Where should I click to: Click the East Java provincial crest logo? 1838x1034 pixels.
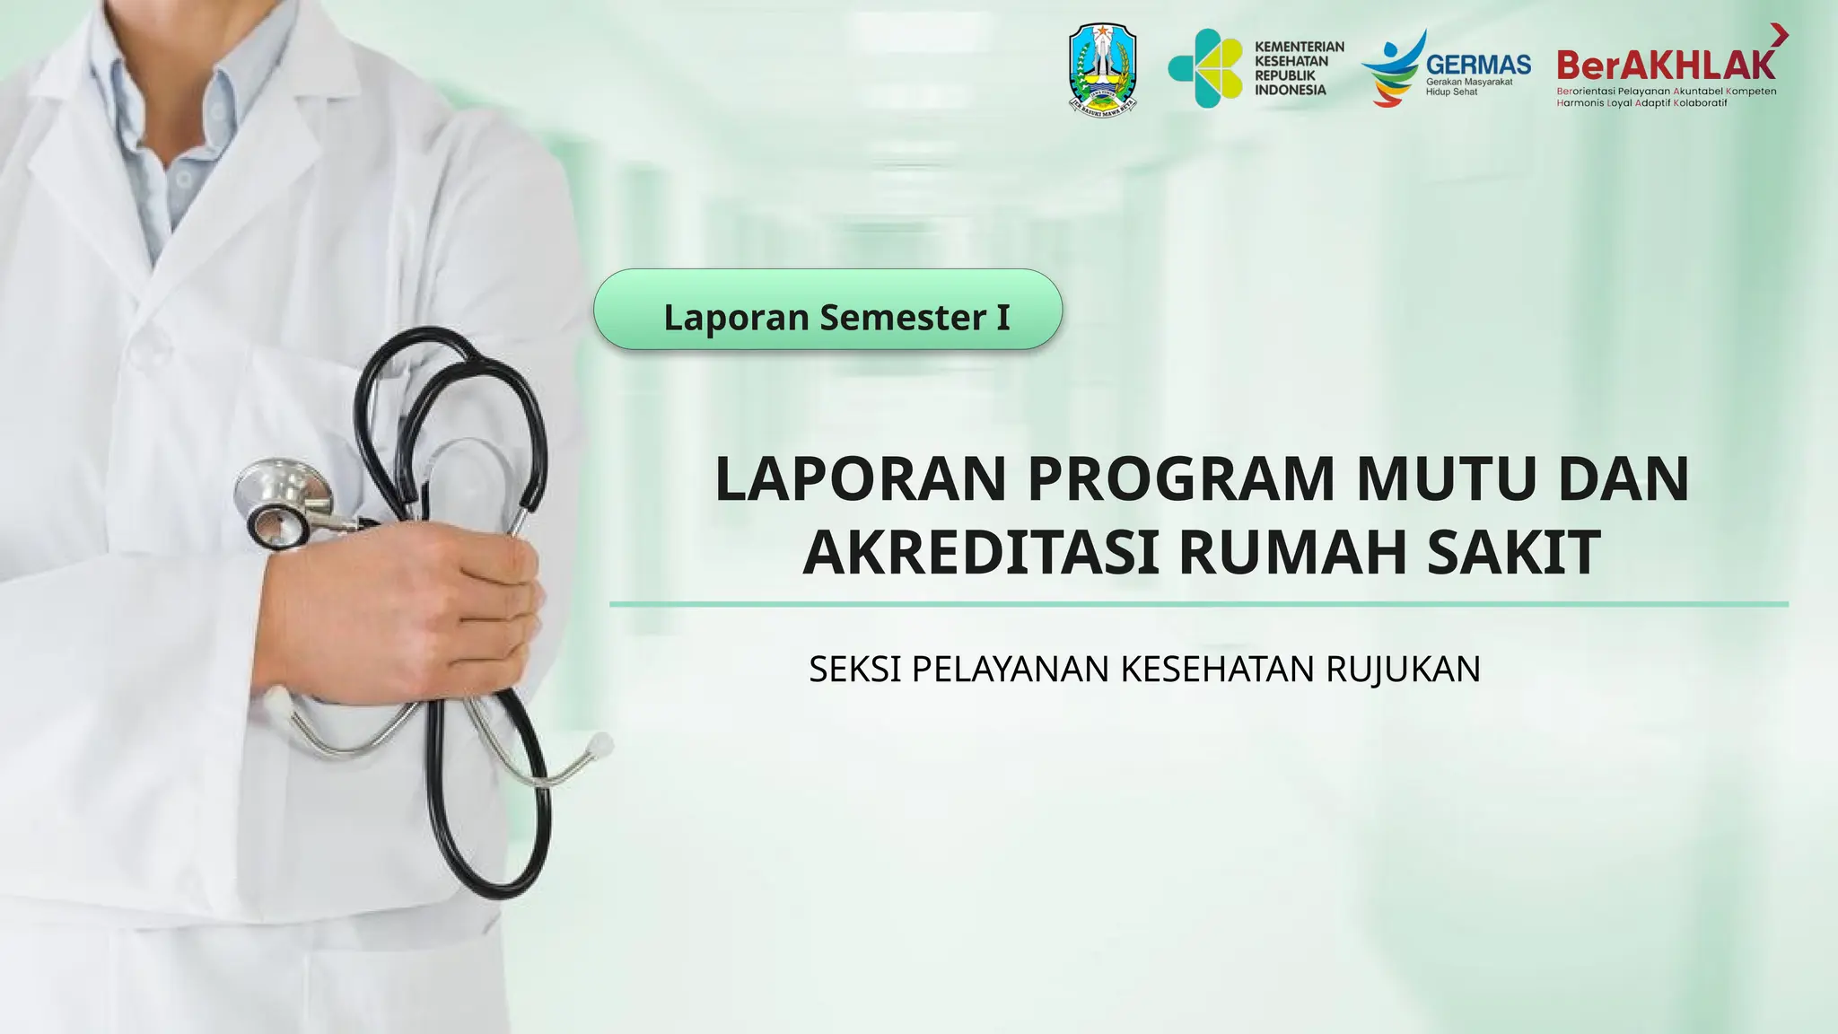tap(1103, 68)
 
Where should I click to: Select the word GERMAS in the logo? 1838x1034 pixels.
tap(1478, 65)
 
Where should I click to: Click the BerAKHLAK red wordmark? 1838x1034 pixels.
tap(1666, 65)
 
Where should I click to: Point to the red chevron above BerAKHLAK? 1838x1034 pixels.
tap(1780, 35)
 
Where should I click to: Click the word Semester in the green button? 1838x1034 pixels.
tap(902, 317)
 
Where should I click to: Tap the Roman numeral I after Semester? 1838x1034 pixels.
tap(1002, 317)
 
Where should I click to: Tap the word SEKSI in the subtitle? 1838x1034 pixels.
tap(854, 670)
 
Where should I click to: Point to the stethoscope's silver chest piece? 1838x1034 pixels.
tap(281, 503)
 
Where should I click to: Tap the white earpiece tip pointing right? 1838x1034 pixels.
tap(600, 744)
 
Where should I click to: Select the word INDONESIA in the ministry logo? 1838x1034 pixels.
tap(1290, 90)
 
